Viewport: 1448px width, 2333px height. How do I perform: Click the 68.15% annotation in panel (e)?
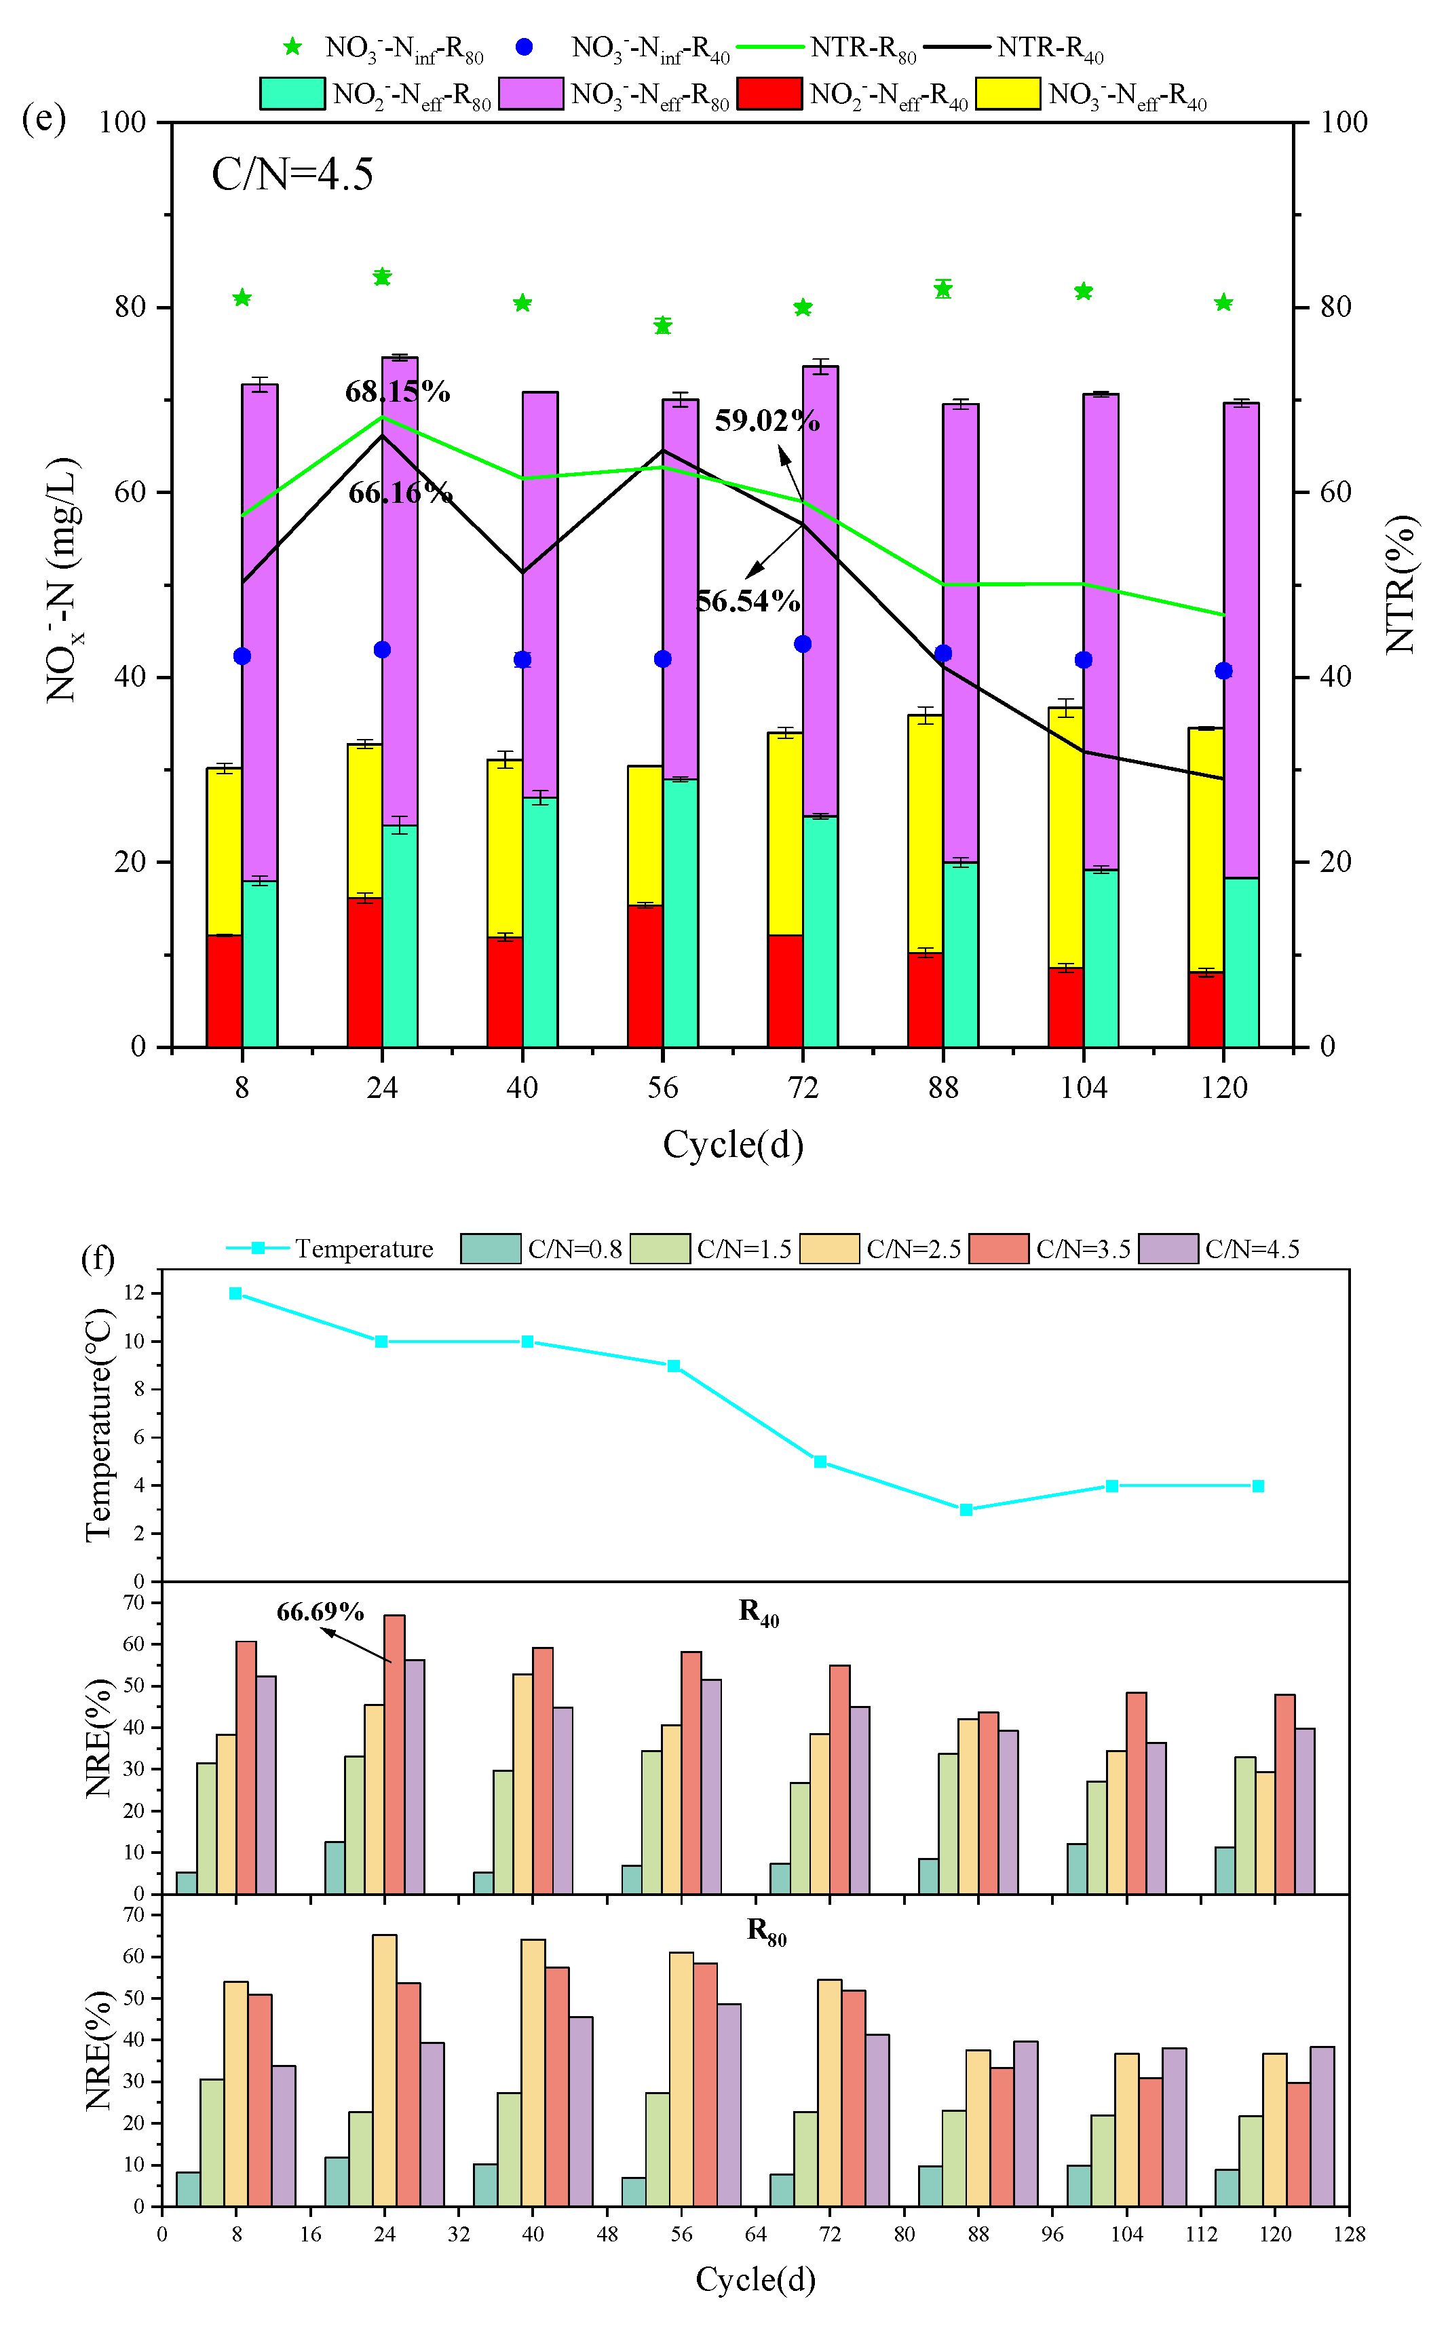click(398, 392)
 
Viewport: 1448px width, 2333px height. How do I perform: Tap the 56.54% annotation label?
click(748, 601)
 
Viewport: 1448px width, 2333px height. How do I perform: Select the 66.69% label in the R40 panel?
click(320, 1612)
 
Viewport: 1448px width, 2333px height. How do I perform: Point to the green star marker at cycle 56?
click(663, 326)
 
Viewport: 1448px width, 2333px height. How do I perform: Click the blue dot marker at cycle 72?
click(803, 643)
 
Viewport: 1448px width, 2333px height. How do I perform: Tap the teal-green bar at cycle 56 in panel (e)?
click(680, 912)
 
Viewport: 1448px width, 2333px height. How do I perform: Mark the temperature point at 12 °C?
click(235, 1294)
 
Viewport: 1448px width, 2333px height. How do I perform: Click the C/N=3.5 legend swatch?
click(998, 1249)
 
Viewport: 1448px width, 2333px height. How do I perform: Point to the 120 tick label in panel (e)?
click(1224, 1088)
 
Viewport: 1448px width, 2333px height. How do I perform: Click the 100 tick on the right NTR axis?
click(1344, 121)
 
